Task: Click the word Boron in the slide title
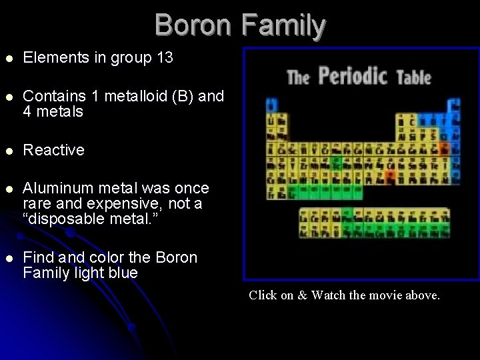click(x=194, y=25)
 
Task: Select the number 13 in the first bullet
click(x=164, y=58)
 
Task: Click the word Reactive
click(x=53, y=150)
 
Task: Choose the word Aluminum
click(x=57, y=188)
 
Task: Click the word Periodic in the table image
click(x=353, y=76)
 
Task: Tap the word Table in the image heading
click(x=414, y=77)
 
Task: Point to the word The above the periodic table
click(x=298, y=78)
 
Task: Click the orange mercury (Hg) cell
click(x=389, y=176)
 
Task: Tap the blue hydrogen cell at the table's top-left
click(x=271, y=105)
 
